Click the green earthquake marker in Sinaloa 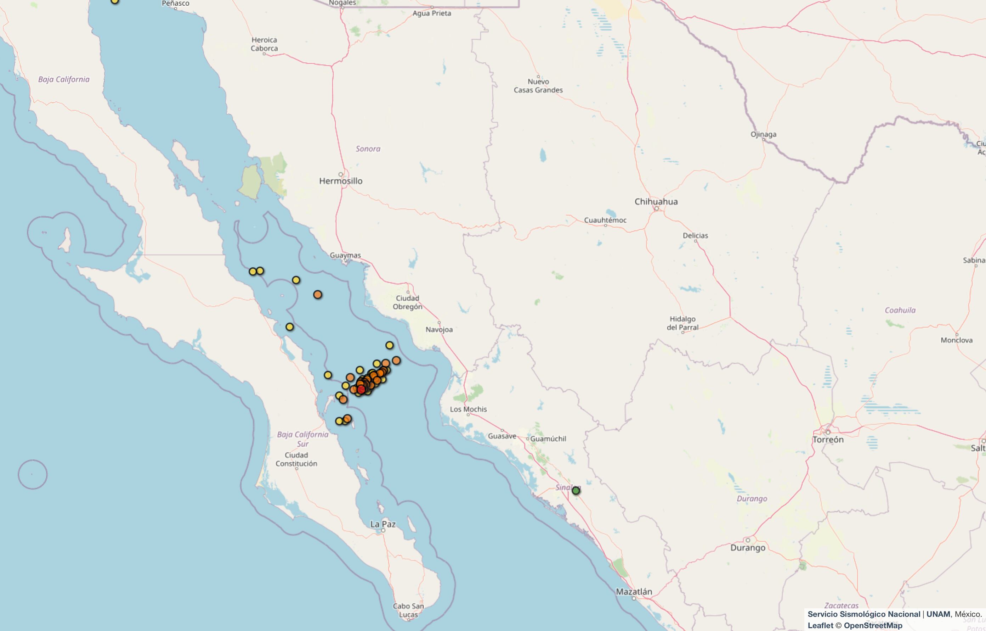pyautogui.click(x=576, y=491)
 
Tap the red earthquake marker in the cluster pyautogui.click(x=361, y=389)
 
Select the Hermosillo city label pyautogui.click(x=341, y=181)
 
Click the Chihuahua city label pyautogui.click(x=656, y=202)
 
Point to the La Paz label pyautogui.click(x=383, y=524)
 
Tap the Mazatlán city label pyautogui.click(x=634, y=592)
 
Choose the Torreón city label pyautogui.click(x=828, y=440)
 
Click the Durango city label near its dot pyautogui.click(x=748, y=548)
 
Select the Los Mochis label pyautogui.click(x=469, y=409)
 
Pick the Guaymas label pyautogui.click(x=345, y=255)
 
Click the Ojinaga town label pyautogui.click(x=763, y=134)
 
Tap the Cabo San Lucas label pyautogui.click(x=408, y=610)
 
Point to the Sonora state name pyautogui.click(x=368, y=149)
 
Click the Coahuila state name pyautogui.click(x=900, y=310)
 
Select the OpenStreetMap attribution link pyautogui.click(x=873, y=626)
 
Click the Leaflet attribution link pyautogui.click(x=820, y=626)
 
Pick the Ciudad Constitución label pyautogui.click(x=296, y=459)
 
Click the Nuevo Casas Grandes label pyautogui.click(x=538, y=86)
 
